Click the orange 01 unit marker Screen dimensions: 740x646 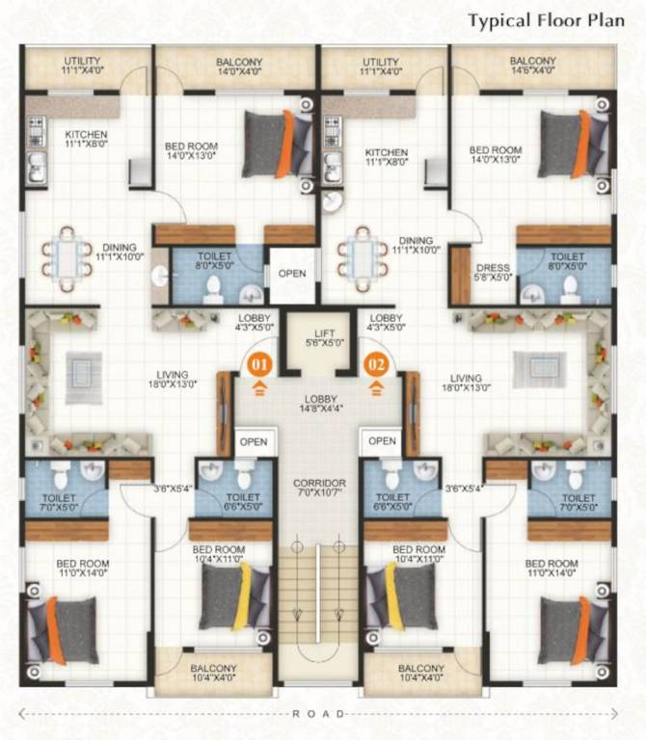point(259,365)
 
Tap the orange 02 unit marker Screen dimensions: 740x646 point(376,365)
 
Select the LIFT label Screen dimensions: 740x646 point(317,335)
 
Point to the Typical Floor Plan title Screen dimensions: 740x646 point(548,20)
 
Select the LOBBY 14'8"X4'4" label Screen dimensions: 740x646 point(317,402)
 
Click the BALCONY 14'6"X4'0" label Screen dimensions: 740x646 point(532,66)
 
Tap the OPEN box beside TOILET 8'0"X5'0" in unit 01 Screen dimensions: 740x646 point(291,274)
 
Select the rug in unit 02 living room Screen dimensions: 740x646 point(531,368)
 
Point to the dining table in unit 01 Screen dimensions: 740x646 point(67,258)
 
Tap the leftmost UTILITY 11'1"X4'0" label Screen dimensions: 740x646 point(83,66)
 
